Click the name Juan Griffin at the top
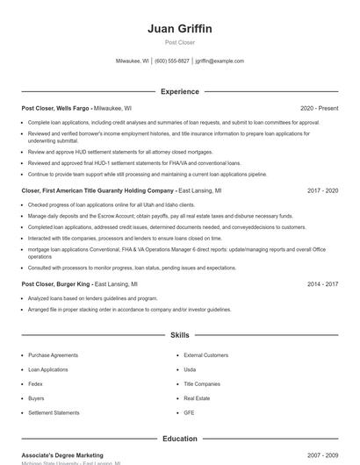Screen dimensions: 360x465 pyautogui.click(x=180, y=29)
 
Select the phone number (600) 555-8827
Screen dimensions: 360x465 pyautogui.click(x=172, y=61)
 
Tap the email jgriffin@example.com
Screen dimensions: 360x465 pyautogui.click(x=220, y=61)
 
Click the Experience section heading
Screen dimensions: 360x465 pyautogui.click(x=180, y=91)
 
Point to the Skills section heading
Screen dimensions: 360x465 pyautogui.click(x=180, y=335)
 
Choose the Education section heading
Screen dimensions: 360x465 pyautogui.click(x=180, y=438)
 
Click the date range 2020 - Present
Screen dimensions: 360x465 pyautogui.click(x=319, y=108)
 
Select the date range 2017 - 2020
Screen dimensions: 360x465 pyautogui.click(x=322, y=190)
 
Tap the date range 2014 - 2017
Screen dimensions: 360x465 pyautogui.click(x=322, y=284)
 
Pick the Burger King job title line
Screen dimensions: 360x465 pyautogui.click(x=79, y=284)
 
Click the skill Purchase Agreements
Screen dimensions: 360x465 pyautogui.click(x=53, y=355)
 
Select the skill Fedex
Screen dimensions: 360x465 pyautogui.click(x=36, y=383)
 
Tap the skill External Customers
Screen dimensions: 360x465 pyautogui.click(x=205, y=355)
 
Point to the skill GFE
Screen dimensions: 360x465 pyautogui.click(x=189, y=412)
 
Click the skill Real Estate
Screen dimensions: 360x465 pyautogui.click(x=197, y=398)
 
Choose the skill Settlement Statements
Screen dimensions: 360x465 pyautogui.click(x=54, y=412)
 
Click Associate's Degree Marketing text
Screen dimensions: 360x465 pyautogui.click(x=62, y=455)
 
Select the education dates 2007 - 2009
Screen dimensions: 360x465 pyautogui.click(x=322, y=455)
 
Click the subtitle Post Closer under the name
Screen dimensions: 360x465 pyautogui.click(x=180, y=42)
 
